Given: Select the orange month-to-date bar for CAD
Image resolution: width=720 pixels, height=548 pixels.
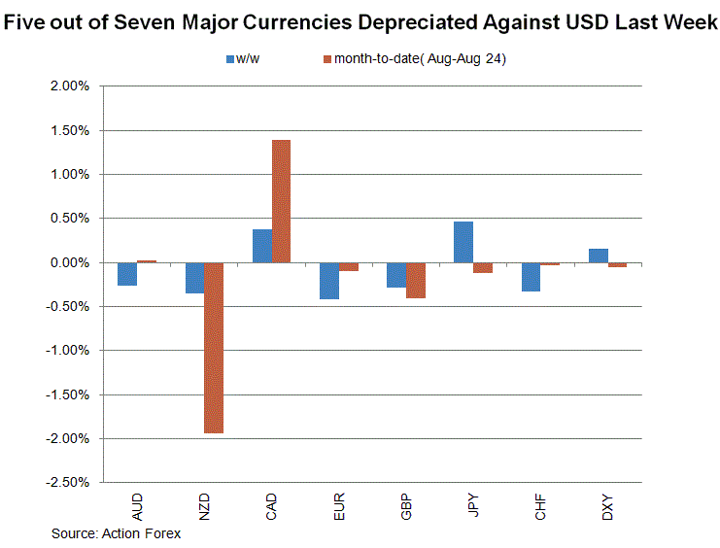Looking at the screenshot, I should (281, 201).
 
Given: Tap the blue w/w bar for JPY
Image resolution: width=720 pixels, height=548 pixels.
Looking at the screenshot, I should (463, 242).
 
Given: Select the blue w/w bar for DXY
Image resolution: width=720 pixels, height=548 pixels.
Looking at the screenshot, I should (598, 256).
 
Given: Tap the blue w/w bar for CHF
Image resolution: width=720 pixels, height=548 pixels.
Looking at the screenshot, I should (531, 277).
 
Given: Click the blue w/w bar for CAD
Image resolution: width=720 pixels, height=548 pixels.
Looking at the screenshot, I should (262, 246).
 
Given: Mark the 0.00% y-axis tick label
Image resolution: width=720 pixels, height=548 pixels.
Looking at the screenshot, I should (68, 262).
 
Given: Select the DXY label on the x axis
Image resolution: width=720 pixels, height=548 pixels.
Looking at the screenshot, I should (607, 506).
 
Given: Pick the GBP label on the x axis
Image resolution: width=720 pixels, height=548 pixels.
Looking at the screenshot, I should (406, 506).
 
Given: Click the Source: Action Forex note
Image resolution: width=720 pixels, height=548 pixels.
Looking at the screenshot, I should (116, 533).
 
